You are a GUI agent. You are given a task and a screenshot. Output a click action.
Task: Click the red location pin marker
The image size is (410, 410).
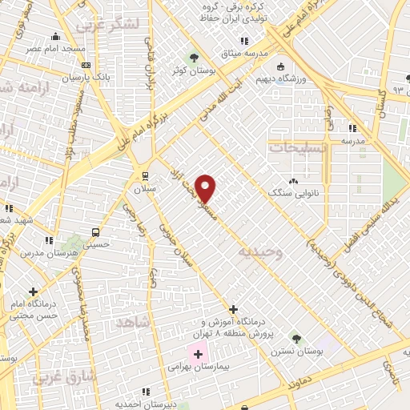click(x=206, y=188)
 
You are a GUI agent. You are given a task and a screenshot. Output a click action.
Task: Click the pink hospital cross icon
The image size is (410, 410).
click(x=197, y=353)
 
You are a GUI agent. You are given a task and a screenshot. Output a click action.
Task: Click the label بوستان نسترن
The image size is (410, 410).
click(x=295, y=352)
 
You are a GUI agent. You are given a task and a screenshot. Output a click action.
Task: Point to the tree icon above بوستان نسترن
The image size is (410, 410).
click(x=296, y=339)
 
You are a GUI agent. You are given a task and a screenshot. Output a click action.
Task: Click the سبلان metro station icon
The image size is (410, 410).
click(x=144, y=175)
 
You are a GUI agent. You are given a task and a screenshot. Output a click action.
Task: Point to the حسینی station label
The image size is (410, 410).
click(x=95, y=245)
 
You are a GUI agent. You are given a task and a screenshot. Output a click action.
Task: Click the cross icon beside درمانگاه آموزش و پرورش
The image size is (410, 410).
click(x=233, y=309)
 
